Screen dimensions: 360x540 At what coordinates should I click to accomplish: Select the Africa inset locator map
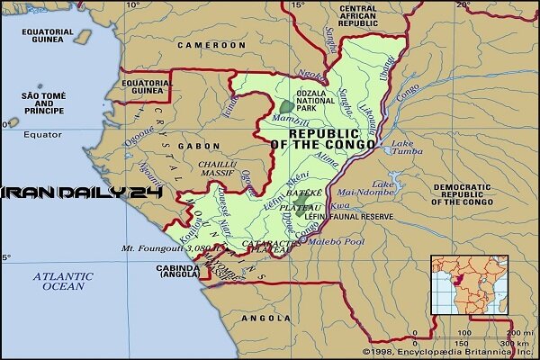pos(468,284)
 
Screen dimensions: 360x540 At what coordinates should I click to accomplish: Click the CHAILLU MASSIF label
pos(217,169)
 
